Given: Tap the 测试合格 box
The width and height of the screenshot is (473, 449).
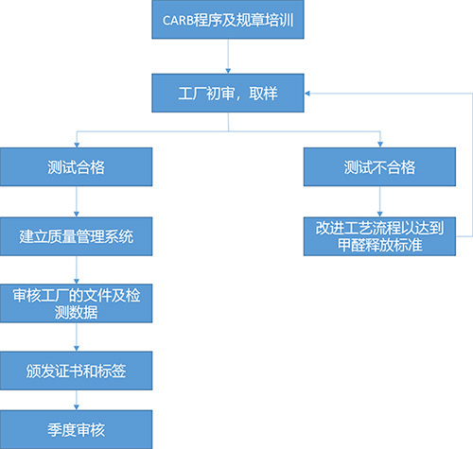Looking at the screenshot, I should pos(76,167).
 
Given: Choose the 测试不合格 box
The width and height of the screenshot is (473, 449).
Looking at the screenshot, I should pos(379,167).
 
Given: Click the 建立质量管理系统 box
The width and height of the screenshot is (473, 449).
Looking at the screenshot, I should pos(76,235).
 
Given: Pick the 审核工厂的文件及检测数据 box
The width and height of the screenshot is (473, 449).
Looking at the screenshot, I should pos(76,303).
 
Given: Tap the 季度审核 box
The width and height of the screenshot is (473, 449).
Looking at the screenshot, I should pos(76,429).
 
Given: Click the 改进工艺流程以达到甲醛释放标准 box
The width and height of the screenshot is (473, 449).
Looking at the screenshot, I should pos(379,236).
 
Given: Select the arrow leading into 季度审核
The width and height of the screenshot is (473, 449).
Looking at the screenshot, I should pos(76,401).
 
